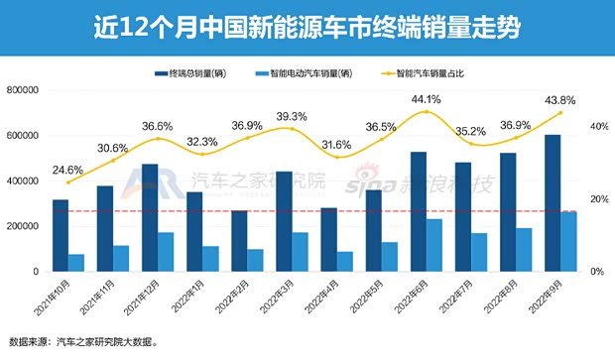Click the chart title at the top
point(307,23)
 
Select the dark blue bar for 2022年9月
point(553,202)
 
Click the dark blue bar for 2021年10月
point(61,235)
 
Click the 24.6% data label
point(67,168)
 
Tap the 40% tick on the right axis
point(598,127)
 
